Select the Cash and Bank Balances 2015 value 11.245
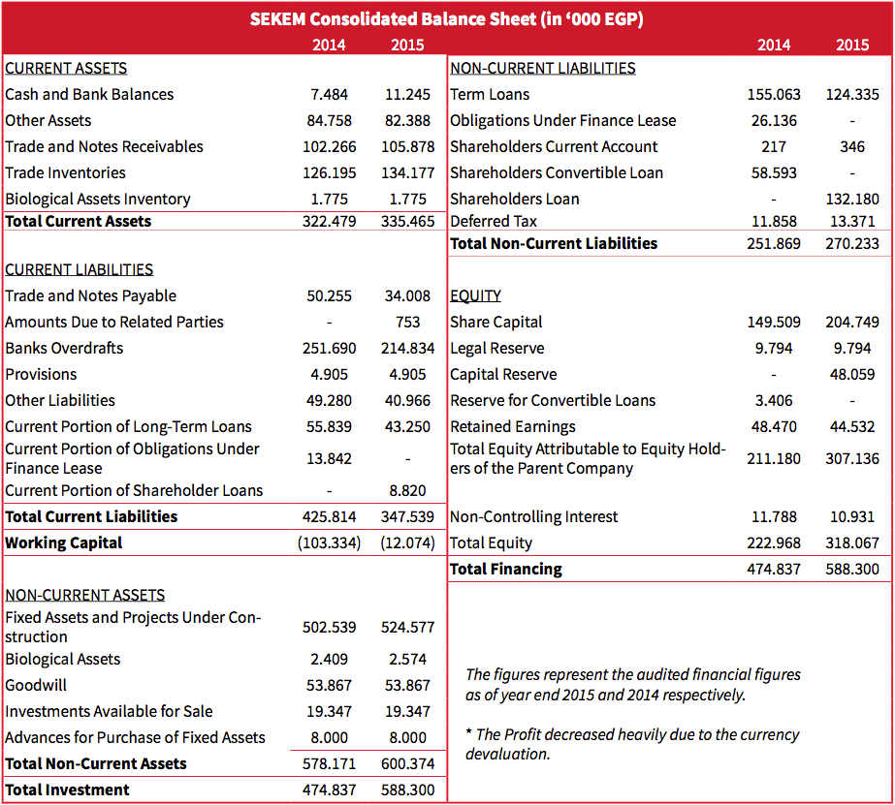(x=407, y=94)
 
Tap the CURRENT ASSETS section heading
(x=66, y=68)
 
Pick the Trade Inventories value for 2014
(x=330, y=172)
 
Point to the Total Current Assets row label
(x=79, y=221)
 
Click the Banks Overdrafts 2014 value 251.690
(x=330, y=348)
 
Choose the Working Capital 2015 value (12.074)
(x=407, y=542)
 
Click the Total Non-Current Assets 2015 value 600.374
(x=407, y=763)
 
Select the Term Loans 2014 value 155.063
(x=774, y=94)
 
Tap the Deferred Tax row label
(x=494, y=221)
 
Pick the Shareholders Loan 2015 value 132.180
(x=852, y=199)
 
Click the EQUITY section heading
(x=475, y=295)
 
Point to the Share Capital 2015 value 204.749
(x=852, y=322)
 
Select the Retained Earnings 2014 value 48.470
(x=774, y=426)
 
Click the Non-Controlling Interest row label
(x=533, y=516)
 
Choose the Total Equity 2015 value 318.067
(x=852, y=542)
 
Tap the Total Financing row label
(x=506, y=569)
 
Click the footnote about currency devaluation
(x=632, y=743)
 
